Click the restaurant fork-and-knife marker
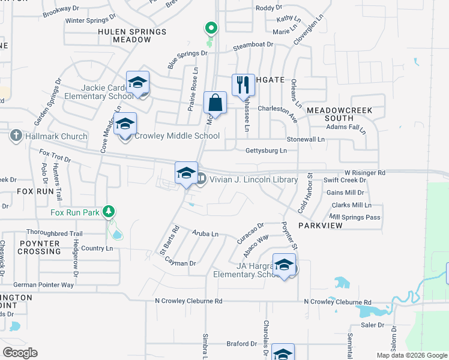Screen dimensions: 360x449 [x=243, y=85]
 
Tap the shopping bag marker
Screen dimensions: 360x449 [x=215, y=103]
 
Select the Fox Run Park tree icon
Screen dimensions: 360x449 [x=108, y=211]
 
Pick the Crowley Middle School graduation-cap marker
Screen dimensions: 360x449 [x=125, y=125]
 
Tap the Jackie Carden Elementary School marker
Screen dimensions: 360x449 [x=137, y=83]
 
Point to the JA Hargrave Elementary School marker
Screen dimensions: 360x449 [x=284, y=265]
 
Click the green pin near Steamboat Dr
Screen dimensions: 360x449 [x=210, y=28]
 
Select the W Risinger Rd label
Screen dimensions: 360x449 [x=364, y=173]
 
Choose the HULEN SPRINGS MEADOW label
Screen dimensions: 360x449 [x=132, y=35]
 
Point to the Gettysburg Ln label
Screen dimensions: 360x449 [x=266, y=151]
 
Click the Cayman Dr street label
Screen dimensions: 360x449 [x=180, y=263]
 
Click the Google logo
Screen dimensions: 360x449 [x=20, y=353]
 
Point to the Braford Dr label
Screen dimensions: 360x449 [x=242, y=344]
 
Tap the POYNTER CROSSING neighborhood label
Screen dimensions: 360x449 [x=39, y=247]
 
